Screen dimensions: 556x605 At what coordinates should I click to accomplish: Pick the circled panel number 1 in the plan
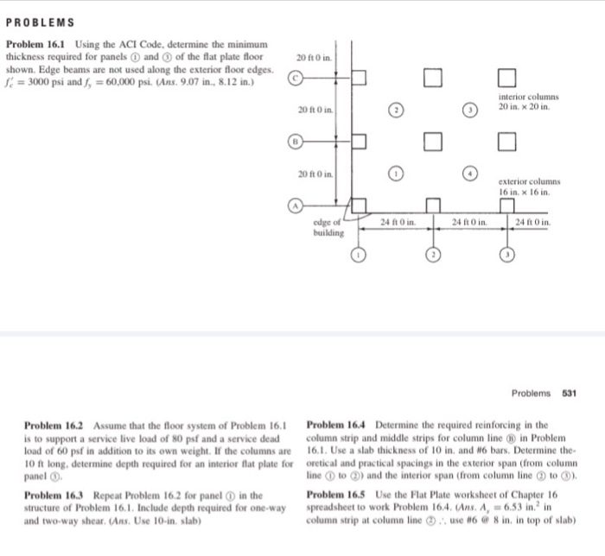[395, 171]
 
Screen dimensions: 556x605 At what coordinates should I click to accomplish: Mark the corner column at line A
[359, 205]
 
